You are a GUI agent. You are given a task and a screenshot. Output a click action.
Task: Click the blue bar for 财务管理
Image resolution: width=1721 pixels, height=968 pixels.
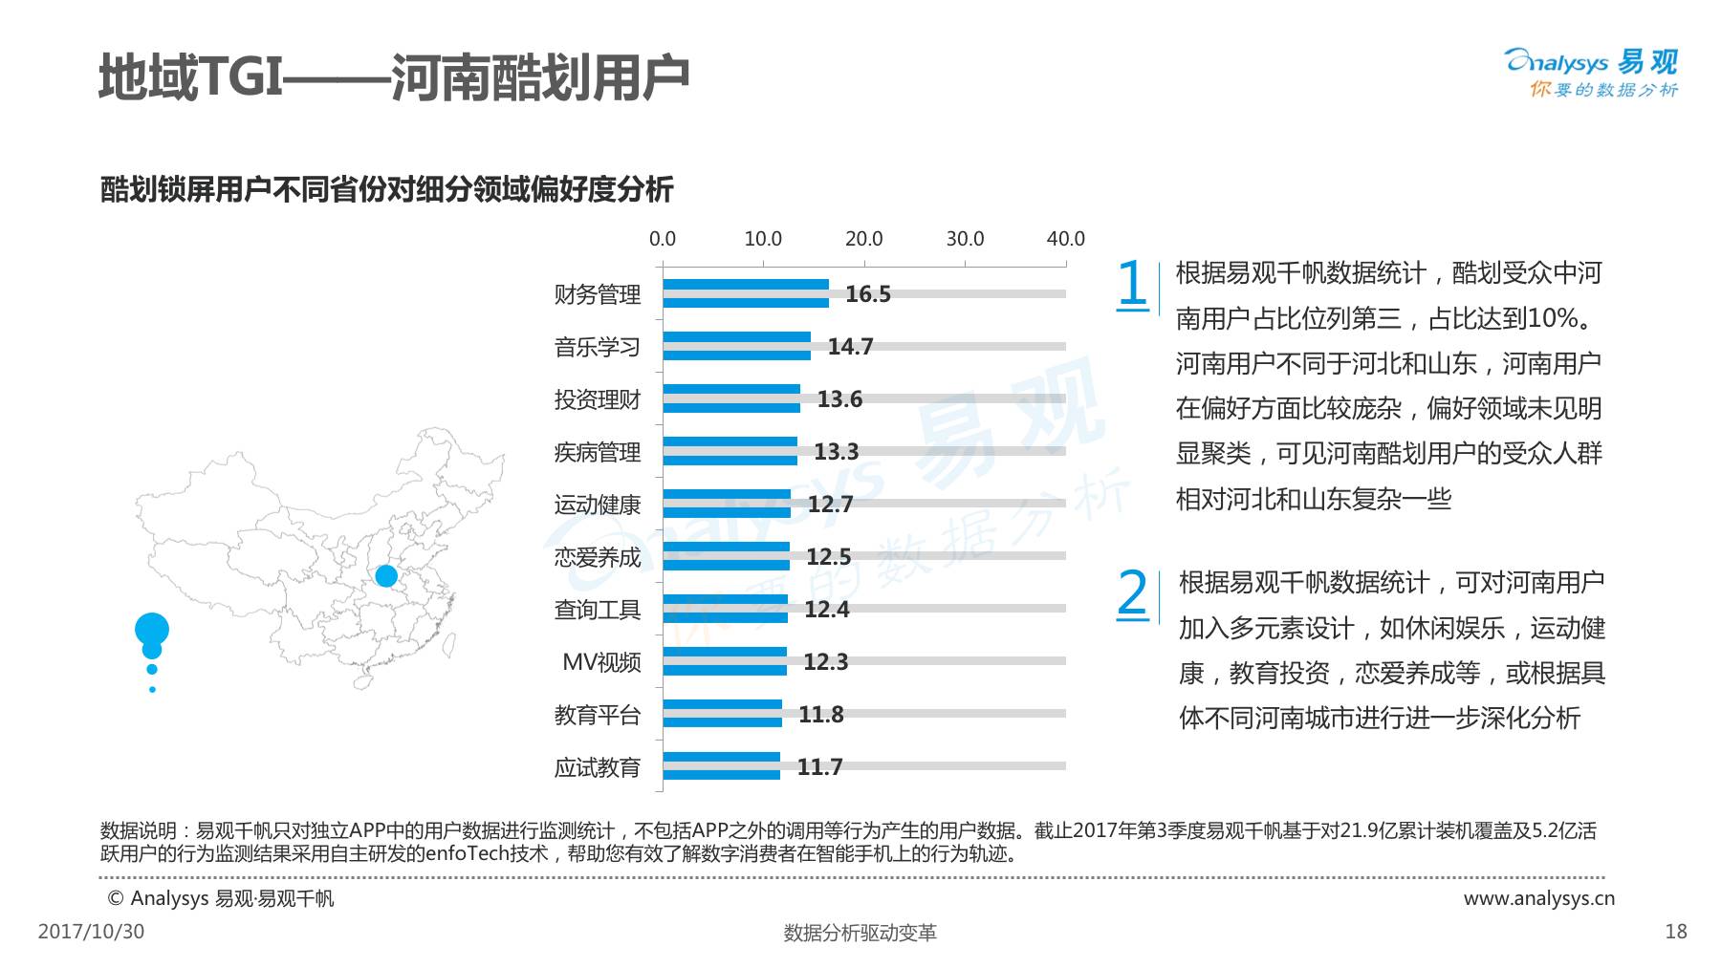point(746,293)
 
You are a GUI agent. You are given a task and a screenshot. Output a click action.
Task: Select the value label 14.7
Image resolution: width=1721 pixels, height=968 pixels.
point(850,347)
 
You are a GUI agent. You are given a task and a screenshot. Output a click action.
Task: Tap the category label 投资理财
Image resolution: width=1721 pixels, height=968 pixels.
point(598,399)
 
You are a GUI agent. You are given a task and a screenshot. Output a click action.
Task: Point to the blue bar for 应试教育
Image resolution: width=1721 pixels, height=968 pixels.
point(722,766)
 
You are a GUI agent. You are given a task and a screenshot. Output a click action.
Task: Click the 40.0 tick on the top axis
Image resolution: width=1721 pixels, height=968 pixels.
point(1065,239)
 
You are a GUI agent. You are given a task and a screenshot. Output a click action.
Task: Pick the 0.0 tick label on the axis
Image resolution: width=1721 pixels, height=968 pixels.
point(663,239)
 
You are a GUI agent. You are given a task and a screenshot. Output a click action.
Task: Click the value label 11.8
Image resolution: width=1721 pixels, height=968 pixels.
point(821,715)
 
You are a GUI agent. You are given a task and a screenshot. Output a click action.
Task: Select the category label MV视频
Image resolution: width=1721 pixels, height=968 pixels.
point(601,662)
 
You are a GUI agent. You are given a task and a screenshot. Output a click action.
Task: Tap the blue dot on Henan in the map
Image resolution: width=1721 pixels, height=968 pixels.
point(386,575)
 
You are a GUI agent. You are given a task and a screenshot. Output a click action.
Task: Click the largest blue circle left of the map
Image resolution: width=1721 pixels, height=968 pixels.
point(152,630)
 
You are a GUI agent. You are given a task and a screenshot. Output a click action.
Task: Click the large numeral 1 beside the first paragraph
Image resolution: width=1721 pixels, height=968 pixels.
point(1132,285)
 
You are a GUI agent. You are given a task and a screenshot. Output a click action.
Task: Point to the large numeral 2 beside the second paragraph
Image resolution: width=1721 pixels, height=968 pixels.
point(1132,593)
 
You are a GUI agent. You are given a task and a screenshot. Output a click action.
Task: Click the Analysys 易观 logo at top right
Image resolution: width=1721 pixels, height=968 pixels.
point(1592,73)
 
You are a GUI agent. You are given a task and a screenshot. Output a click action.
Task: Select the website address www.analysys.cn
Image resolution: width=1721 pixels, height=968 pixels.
point(1539,898)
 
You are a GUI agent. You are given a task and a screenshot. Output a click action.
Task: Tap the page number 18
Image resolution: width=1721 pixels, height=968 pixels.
point(1676,932)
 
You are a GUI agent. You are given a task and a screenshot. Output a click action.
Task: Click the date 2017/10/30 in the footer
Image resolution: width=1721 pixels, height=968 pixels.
point(91,932)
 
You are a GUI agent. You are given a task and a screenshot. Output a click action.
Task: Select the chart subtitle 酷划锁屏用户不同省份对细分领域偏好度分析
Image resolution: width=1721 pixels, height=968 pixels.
point(387,189)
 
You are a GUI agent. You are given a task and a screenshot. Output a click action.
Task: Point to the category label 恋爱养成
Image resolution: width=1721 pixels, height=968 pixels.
point(598,557)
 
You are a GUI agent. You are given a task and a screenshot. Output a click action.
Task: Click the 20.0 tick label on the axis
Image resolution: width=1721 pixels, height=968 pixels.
point(864,239)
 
